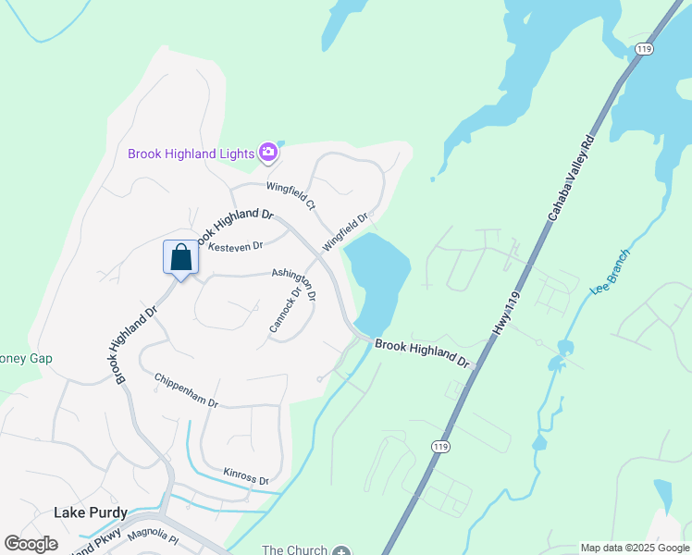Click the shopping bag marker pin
(181, 258)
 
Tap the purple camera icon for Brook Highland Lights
(268, 152)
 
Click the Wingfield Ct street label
(291, 195)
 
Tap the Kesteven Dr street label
(236, 246)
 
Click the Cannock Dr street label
(286, 310)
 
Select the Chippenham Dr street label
(186, 390)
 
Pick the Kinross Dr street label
(245, 476)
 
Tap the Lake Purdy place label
(90, 512)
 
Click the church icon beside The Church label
(342, 550)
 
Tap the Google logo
(31, 544)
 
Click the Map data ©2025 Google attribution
(635, 549)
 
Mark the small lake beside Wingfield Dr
(378, 277)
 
